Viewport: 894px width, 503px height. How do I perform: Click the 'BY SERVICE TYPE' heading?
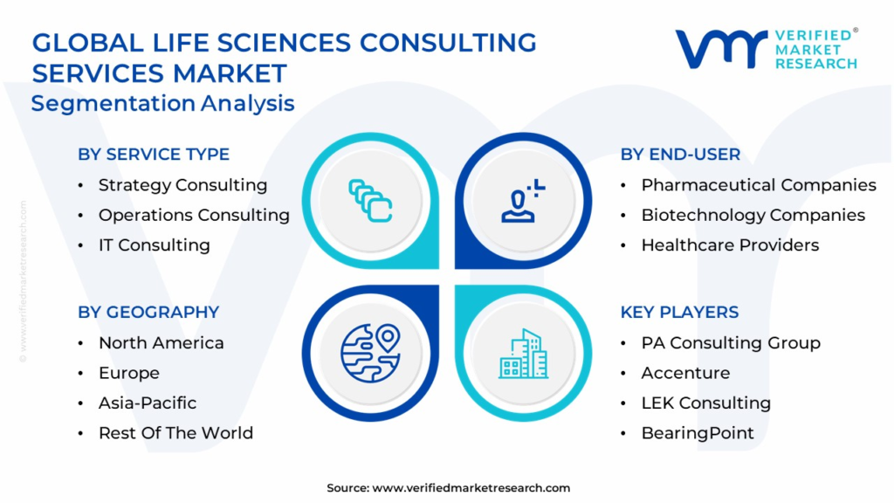tap(154, 155)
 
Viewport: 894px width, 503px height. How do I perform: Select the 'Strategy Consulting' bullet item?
tap(182, 185)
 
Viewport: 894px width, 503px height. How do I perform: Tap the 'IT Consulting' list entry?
tap(154, 245)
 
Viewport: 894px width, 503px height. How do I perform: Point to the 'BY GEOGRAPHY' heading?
tap(148, 313)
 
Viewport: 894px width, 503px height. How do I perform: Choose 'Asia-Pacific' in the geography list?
tap(147, 403)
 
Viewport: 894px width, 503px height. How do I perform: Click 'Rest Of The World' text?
tap(175, 433)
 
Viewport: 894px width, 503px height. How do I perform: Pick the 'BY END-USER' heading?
tap(680, 155)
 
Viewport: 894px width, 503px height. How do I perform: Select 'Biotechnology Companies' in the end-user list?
tap(753, 215)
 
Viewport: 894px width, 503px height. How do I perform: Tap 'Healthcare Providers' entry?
tap(730, 245)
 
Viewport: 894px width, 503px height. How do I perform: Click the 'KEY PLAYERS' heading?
tap(679, 313)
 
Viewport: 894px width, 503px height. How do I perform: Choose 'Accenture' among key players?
tap(685, 373)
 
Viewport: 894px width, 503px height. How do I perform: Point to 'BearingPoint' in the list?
tap(698, 433)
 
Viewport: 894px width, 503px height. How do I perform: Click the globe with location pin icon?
tap(370, 353)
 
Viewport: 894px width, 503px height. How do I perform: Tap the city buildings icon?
tap(524, 354)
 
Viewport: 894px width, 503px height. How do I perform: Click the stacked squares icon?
tap(370, 201)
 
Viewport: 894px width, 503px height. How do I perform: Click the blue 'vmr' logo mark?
tap(720, 49)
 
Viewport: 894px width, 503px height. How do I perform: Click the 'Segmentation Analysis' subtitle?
tap(162, 104)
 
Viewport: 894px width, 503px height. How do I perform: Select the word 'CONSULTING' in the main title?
tap(448, 43)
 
